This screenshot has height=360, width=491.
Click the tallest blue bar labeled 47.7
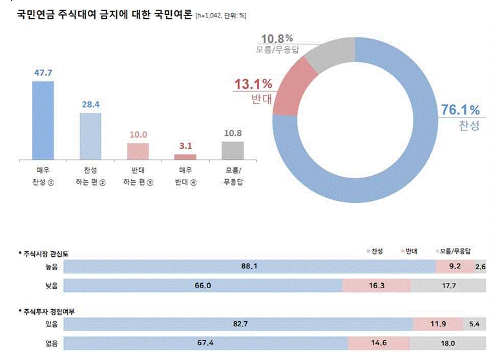43,120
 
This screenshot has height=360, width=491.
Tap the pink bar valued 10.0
137,151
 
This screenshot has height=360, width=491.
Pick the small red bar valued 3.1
185,157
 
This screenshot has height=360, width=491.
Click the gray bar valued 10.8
233,151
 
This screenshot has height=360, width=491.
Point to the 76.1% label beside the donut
460,110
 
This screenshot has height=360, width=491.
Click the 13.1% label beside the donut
253,84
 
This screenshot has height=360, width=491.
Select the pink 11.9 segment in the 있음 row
437,323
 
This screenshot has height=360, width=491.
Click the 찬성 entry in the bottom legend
377,251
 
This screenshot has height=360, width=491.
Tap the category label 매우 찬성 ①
43,176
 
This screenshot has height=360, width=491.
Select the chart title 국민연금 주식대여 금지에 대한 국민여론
103,14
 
